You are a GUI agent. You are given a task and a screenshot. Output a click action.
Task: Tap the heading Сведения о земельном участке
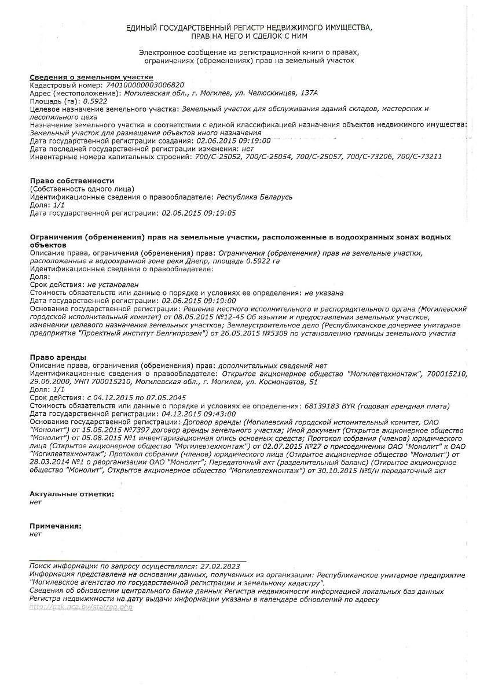91,76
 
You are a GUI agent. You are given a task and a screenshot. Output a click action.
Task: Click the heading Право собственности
72,180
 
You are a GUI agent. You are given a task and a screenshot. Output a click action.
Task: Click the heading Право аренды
58,357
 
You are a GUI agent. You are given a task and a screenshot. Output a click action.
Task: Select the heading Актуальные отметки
72,494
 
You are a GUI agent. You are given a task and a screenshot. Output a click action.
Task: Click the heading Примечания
56,526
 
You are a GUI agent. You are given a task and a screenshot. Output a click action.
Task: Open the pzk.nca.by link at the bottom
80,607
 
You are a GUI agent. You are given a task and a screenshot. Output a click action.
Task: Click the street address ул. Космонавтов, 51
273,382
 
